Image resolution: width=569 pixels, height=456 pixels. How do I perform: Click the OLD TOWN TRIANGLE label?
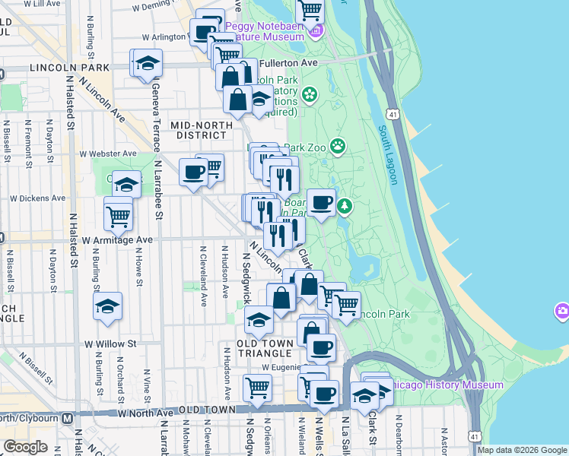click(x=264, y=349)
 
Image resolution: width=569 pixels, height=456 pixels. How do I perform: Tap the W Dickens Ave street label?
click(x=37, y=198)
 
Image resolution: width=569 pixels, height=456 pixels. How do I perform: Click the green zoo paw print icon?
click(x=337, y=145)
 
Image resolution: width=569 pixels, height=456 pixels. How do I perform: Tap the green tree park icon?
click(x=345, y=205)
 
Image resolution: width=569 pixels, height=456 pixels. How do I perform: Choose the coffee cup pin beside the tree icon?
click(x=321, y=203)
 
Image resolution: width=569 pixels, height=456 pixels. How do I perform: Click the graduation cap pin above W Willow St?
click(x=108, y=306)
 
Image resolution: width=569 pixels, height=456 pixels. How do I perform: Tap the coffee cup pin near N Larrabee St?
click(x=193, y=173)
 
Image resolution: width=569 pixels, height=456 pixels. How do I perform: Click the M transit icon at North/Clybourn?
click(x=67, y=417)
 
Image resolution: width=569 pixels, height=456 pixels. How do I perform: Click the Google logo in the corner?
click(x=25, y=447)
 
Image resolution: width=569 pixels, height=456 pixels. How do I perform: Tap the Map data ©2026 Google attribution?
click(x=523, y=450)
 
